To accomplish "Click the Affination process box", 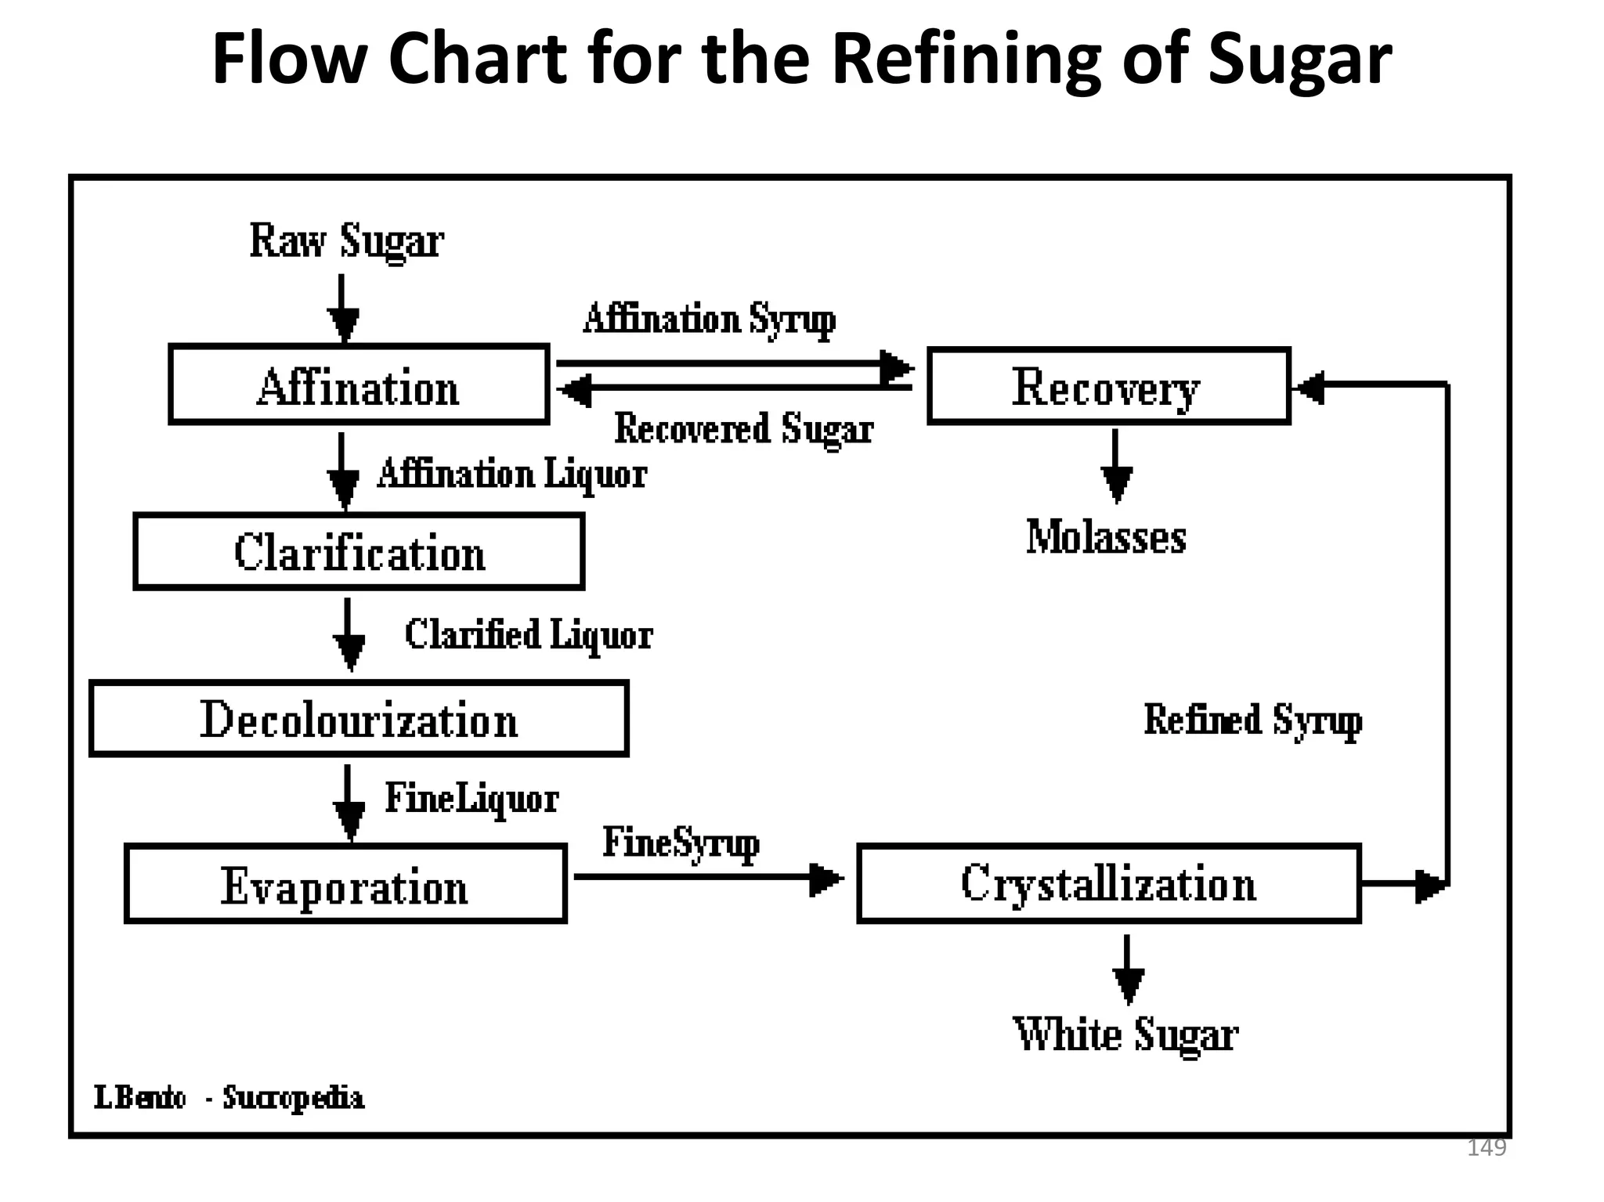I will (359, 384).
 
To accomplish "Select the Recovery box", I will (1108, 386).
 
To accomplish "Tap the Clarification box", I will (359, 551).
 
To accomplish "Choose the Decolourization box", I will (359, 718).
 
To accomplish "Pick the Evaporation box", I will (345, 884).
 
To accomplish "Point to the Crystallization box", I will (1109, 883).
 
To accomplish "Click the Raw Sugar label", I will (346, 240).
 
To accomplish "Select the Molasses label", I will (1106, 537).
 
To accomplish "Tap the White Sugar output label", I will (1125, 1034).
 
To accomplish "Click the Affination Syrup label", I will (710, 319).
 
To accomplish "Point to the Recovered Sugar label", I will (743, 429).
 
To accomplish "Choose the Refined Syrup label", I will (1252, 719).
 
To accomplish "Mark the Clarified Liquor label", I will (529, 634).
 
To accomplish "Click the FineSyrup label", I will (681, 843).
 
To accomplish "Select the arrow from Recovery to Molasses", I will (1116, 466).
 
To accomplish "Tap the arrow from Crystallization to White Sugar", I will (1128, 969).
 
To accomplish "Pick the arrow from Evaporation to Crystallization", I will (709, 878).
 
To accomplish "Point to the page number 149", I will (1486, 1148).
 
